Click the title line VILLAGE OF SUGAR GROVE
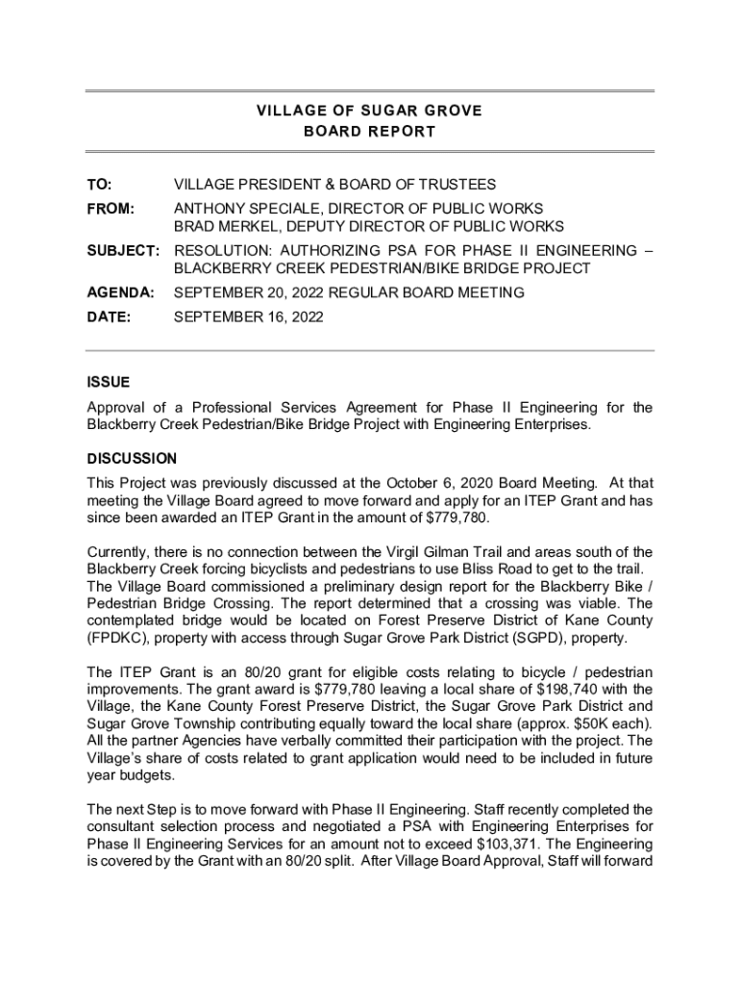(370, 111)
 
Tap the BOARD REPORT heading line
(370, 131)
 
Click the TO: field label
(99, 184)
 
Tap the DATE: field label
(106, 316)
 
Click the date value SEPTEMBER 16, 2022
(248, 316)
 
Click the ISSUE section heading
(108, 382)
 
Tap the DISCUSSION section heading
(132, 459)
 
